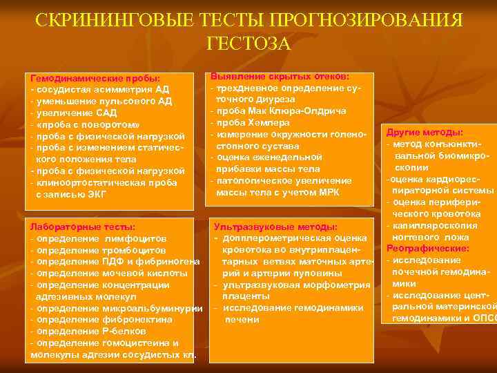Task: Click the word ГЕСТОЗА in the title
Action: click(x=248, y=44)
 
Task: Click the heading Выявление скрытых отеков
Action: click(x=280, y=76)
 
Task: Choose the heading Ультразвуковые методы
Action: click(x=275, y=227)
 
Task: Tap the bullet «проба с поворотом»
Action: click(x=87, y=124)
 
